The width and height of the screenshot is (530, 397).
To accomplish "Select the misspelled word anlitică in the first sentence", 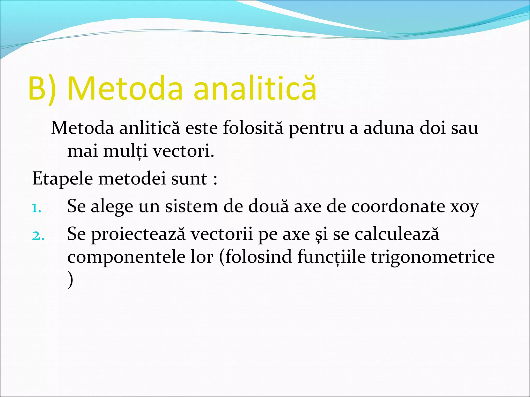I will pos(149,128).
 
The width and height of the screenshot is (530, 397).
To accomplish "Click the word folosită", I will pos(253,128).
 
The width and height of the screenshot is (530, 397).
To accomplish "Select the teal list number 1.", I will pos(36,208).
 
